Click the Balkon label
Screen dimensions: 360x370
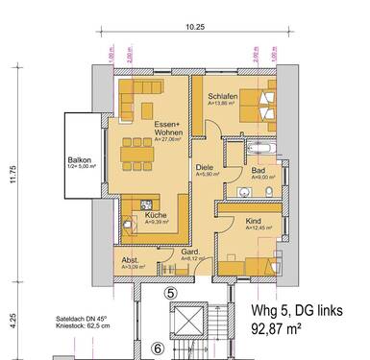(79, 160)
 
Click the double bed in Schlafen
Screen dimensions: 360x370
(262, 99)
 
